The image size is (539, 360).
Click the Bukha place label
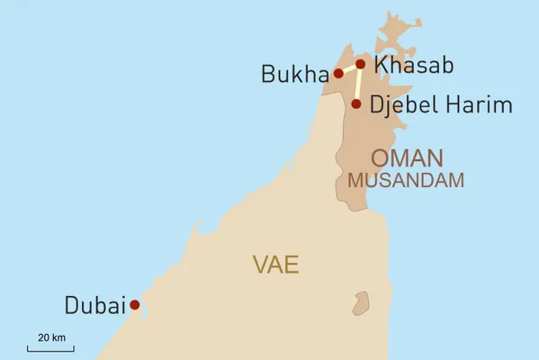tap(294, 74)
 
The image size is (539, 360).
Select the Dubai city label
tap(94, 306)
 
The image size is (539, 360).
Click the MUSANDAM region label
tap(406, 179)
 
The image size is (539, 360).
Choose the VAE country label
tap(275, 265)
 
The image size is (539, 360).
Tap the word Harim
tap(480, 105)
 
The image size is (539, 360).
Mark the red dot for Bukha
tap(338, 74)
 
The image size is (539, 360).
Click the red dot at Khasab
tap(361, 64)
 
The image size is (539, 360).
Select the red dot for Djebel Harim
tap(356, 104)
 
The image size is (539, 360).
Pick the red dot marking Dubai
tap(135, 305)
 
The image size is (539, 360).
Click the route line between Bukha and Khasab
tap(349, 68)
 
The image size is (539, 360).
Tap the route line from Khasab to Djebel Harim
tap(358, 85)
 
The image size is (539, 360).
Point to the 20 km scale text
tap(51, 337)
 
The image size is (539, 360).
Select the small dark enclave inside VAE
tap(362, 302)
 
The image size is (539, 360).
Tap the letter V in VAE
tap(260, 265)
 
